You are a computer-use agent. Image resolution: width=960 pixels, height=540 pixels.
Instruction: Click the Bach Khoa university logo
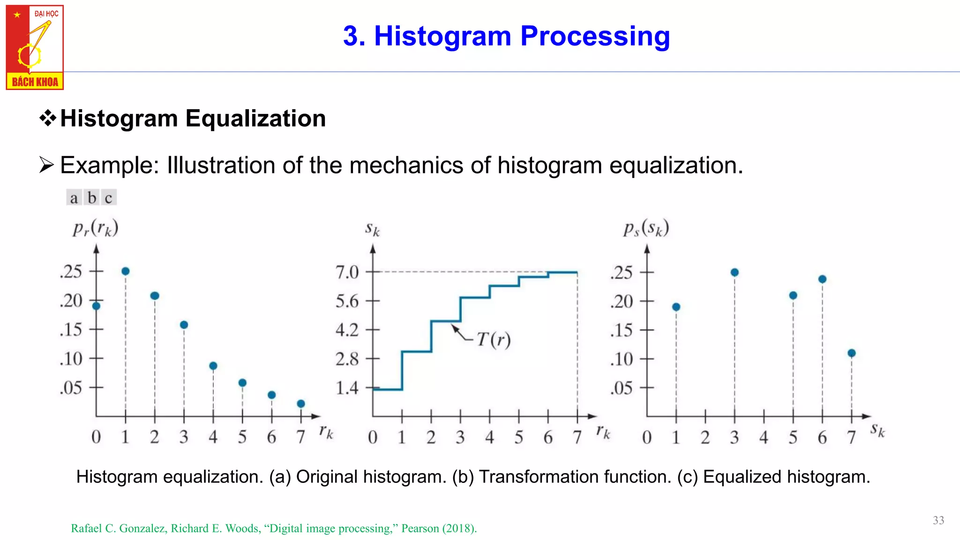coord(35,47)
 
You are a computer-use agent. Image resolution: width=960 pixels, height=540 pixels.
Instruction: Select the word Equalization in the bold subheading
coord(255,118)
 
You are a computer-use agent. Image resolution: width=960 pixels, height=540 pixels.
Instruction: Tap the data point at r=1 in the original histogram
coord(126,271)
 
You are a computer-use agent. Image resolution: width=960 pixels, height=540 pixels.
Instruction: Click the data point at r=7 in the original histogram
coord(301,404)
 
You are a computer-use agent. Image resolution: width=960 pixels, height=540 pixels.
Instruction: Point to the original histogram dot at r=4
coord(213,366)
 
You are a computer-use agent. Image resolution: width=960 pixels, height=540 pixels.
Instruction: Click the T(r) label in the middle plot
coord(493,339)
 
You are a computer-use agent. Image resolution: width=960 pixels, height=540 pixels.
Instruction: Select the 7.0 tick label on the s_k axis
coord(347,272)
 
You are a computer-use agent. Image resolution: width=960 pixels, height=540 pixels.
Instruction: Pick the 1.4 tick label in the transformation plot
coord(347,388)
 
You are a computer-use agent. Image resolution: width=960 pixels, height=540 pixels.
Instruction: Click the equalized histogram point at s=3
coord(735,272)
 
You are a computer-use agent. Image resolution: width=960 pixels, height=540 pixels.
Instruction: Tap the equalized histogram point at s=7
coord(852,353)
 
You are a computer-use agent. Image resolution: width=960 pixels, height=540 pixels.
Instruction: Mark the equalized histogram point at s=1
coord(676,307)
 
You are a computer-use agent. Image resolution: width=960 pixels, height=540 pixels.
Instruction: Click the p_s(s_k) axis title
coord(646,229)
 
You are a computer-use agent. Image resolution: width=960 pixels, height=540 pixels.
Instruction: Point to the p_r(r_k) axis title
coord(95,229)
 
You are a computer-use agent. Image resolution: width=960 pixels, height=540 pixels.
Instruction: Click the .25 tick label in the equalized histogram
coord(622,272)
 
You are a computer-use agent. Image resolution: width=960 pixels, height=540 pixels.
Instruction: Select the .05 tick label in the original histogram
coord(71,388)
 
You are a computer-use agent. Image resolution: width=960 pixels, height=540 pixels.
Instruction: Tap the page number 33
coord(938,520)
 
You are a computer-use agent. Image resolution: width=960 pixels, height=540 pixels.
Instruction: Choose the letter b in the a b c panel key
coord(92,198)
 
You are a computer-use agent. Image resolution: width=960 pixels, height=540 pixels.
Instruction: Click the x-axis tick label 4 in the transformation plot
coord(490,437)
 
